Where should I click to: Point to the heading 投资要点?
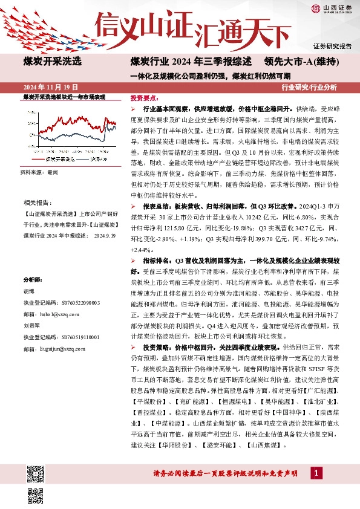tap(145, 97)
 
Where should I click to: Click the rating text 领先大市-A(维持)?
tap(301, 61)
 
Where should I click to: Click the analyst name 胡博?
tap(29, 290)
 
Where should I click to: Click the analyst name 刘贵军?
tap(31, 325)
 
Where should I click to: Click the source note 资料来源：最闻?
tap(40, 172)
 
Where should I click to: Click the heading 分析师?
tap(32, 280)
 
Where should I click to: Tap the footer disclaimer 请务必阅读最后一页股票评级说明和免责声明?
tap(227, 473)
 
